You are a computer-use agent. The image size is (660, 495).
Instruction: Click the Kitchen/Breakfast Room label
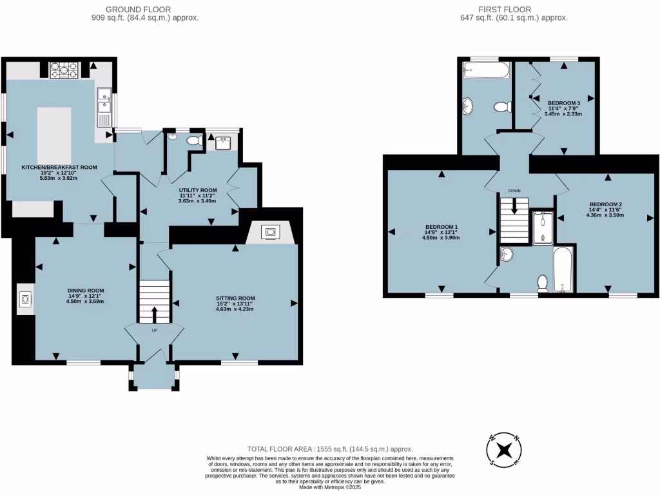click(59, 167)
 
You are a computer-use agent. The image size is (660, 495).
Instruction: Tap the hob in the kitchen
click(63, 69)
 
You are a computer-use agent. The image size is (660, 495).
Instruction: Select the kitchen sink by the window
click(103, 107)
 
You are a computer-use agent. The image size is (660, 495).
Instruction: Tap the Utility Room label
click(198, 190)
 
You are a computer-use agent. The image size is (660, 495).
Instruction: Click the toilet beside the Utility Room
click(193, 140)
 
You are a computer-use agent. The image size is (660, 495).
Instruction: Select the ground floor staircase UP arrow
click(155, 314)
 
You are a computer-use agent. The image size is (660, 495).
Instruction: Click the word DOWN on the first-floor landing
click(514, 191)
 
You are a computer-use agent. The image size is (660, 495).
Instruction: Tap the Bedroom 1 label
click(442, 226)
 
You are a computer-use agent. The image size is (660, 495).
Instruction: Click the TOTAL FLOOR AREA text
click(330, 449)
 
